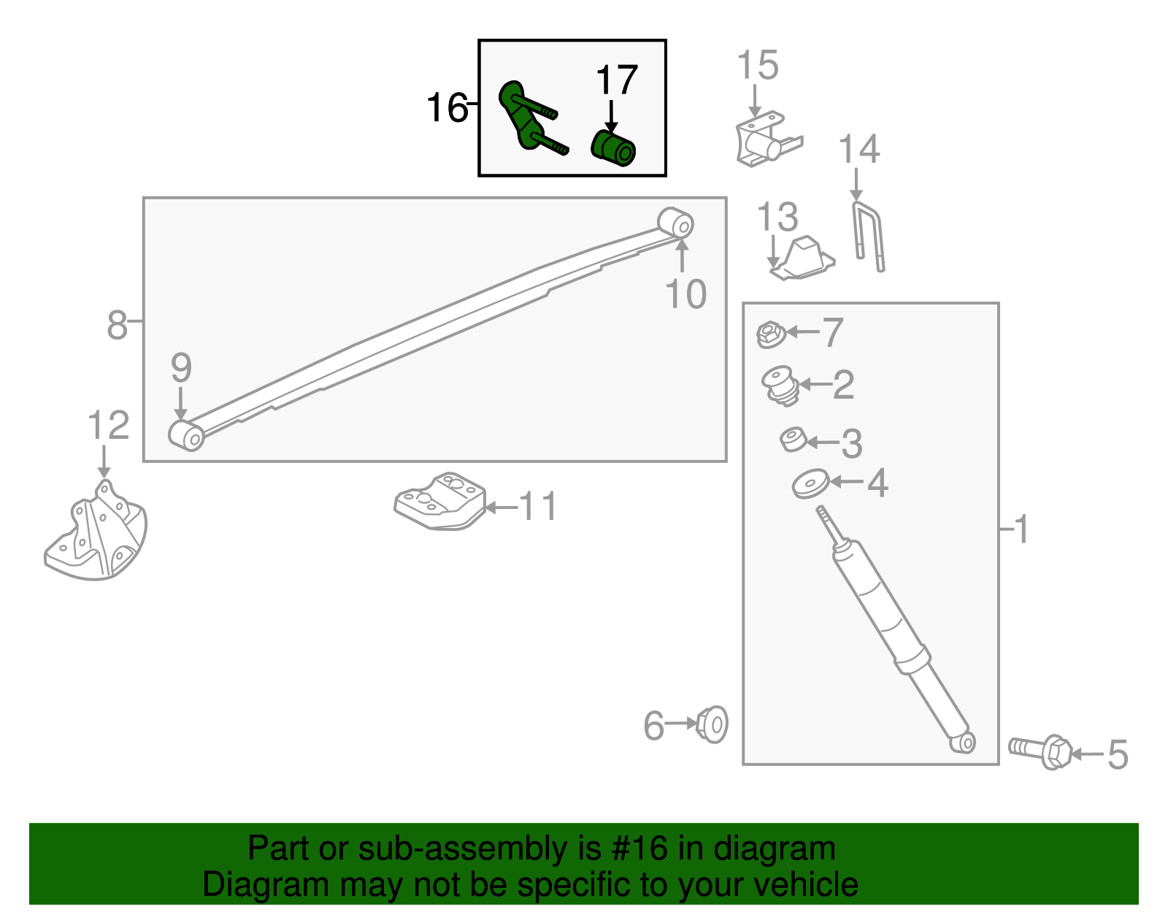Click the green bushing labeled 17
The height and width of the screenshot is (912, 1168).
pos(613,148)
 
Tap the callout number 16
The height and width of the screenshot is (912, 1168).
pos(446,108)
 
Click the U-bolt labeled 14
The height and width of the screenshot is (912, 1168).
pos(869,237)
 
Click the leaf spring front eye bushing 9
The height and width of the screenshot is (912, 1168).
pos(187,435)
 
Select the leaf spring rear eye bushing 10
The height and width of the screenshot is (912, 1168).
pos(676,223)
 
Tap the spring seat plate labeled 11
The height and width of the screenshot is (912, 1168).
pos(440,501)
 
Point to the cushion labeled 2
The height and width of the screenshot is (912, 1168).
pos(780,385)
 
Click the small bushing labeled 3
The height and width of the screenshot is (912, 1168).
pos(793,440)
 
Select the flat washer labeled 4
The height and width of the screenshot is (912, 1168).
pos(810,484)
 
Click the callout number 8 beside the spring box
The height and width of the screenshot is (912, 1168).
pos(117,325)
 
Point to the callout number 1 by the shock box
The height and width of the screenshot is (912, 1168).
pos(1021,529)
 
